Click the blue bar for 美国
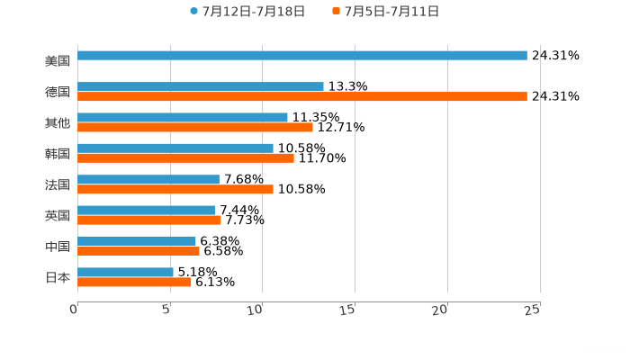pos(302,56)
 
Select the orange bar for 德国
pos(302,96)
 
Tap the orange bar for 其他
pos(195,127)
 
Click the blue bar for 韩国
pos(175,148)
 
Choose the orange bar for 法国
pos(175,189)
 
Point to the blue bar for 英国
pos(147,211)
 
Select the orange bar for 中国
pos(139,251)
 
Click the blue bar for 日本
pos(126,272)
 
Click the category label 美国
pos(58,61)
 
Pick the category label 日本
pos(58,277)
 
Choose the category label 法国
pos(58,184)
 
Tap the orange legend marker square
pos(336,12)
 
